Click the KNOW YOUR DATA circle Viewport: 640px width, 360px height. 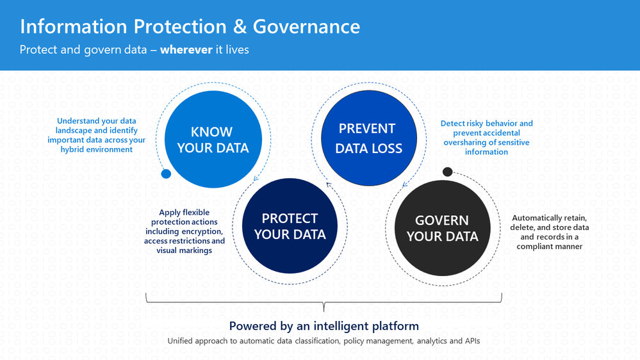click(213, 139)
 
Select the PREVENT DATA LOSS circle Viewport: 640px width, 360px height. click(369, 138)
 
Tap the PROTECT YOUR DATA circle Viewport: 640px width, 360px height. click(290, 225)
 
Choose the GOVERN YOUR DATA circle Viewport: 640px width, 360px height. click(443, 228)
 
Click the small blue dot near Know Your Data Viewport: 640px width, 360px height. click(166, 174)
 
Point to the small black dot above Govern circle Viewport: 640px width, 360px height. click(447, 172)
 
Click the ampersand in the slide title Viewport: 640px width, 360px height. click(240, 26)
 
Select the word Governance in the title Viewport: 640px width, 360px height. click(306, 26)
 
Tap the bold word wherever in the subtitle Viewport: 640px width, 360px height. click(186, 50)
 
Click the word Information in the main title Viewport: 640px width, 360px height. click(74, 26)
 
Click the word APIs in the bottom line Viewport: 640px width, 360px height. click(472, 341)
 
